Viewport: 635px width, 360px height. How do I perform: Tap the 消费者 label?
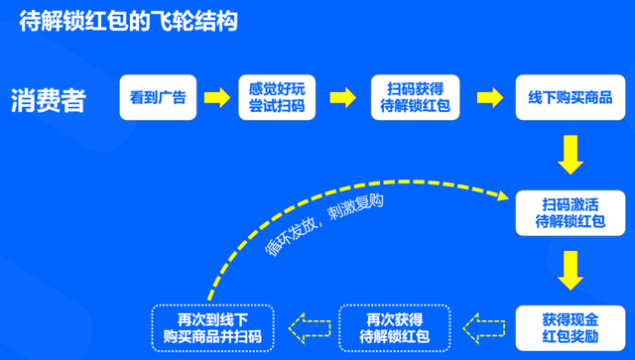tap(49, 100)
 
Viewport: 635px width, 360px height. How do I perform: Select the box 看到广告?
tap(158, 97)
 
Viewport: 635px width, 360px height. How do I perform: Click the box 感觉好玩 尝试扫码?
tap(277, 97)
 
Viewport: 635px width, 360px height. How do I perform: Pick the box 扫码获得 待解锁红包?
tap(415, 97)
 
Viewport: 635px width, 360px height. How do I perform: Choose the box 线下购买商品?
tap(570, 97)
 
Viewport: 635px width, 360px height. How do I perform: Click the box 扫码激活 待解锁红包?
tap(570, 211)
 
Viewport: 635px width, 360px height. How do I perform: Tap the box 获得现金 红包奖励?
tap(570, 326)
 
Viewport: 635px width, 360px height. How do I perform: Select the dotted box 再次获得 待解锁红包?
tap(394, 326)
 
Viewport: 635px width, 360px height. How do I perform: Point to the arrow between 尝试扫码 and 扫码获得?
tap(342, 97)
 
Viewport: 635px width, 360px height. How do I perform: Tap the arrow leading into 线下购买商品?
tap(489, 97)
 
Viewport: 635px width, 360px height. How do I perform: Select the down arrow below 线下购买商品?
tap(570, 155)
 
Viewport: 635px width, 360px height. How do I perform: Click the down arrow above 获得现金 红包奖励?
tap(570, 269)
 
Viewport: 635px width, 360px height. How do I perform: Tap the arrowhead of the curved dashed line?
tap(500, 197)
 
